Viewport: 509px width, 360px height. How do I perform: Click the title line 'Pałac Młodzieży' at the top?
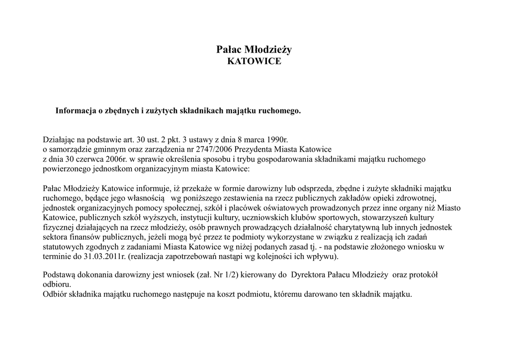tap(254, 49)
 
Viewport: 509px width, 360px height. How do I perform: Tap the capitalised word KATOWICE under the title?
tap(254, 62)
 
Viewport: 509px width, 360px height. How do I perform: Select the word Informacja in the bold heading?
tap(75, 110)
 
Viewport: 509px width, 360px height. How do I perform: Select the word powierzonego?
tap(66, 169)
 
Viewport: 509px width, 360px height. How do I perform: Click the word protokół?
tap(422, 274)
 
